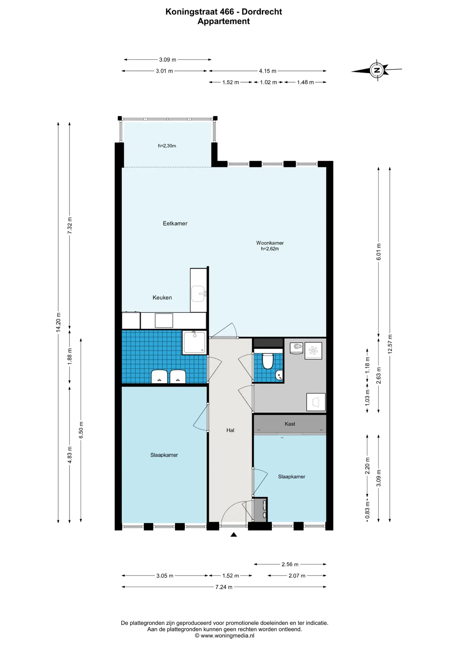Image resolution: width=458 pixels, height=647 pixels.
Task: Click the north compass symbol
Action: click(377, 70)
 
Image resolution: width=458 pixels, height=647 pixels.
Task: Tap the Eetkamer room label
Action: click(175, 223)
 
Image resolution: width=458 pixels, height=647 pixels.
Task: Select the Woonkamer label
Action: click(270, 243)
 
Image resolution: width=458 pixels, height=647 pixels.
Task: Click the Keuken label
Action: click(162, 298)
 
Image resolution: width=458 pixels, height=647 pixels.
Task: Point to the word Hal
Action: click(230, 430)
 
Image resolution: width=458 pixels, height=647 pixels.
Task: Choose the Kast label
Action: click(290, 424)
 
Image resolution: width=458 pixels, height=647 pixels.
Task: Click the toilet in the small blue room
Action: click(268, 361)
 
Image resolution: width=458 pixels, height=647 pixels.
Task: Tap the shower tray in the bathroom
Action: click(194, 342)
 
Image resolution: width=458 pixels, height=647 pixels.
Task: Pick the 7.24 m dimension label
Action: click(224, 587)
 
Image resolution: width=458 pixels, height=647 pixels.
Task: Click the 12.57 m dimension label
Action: click(390, 344)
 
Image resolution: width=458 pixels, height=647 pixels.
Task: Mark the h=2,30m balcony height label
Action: click(167, 146)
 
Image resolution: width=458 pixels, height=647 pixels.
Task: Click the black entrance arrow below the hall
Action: click(234, 534)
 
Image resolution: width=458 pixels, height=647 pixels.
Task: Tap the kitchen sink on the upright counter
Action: click(199, 294)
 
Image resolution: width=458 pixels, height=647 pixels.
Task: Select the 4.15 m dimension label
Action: click(268, 71)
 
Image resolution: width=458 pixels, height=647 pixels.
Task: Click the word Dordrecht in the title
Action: click(262, 12)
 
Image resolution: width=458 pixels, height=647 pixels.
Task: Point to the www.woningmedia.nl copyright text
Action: click(225, 636)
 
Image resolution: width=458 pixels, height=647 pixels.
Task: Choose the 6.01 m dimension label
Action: click(378, 252)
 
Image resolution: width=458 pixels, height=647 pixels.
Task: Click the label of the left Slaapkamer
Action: click(164, 455)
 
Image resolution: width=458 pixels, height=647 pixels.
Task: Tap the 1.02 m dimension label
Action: click(268, 82)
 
